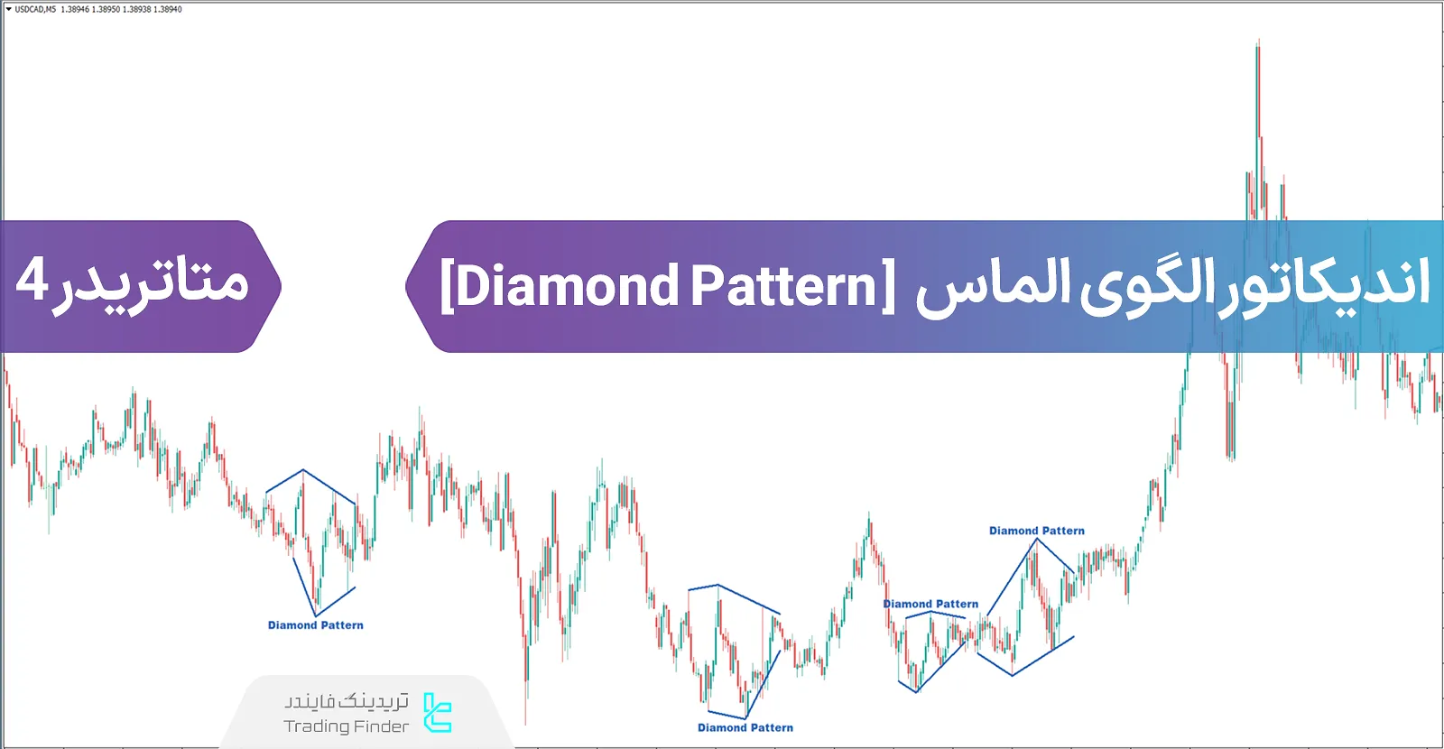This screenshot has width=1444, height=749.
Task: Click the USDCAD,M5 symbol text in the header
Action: click(x=35, y=9)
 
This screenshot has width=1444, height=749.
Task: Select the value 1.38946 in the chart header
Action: click(x=75, y=9)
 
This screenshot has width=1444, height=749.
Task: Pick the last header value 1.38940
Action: click(x=167, y=9)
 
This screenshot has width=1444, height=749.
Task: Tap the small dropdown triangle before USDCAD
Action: click(x=8, y=9)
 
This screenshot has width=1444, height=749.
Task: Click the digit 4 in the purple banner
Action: click(x=31, y=282)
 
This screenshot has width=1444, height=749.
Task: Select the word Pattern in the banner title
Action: click(x=784, y=286)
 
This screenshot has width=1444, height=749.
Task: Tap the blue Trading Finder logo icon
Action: click(x=438, y=713)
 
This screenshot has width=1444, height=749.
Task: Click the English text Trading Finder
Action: click(x=347, y=726)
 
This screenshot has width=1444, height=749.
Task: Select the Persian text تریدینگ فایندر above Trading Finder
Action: click(x=347, y=701)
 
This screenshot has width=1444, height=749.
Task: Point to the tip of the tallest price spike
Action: click(x=1257, y=40)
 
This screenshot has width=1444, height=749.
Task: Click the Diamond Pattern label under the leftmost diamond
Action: click(x=316, y=625)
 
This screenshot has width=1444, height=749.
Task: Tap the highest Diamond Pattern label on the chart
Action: click(x=1037, y=531)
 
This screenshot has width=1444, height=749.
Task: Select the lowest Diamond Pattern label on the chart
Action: click(x=745, y=727)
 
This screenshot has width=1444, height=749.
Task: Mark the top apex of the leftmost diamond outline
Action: click(x=303, y=469)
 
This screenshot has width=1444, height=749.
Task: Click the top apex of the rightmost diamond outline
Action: click(x=1036, y=540)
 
